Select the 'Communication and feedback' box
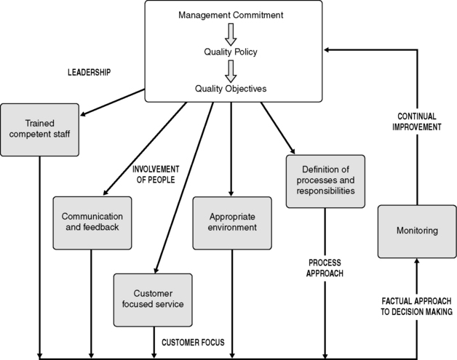[x=91, y=221]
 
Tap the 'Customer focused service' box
[x=153, y=299]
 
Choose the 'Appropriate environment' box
[x=233, y=221]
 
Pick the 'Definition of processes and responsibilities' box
[x=325, y=180]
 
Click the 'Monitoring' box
[x=417, y=231]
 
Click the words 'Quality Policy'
[x=231, y=52]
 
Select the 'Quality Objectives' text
[x=231, y=89]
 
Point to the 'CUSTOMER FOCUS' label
[x=193, y=342]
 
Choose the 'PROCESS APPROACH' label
[x=325, y=268]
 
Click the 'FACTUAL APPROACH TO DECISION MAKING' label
[x=418, y=305]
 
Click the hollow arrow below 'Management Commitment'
[x=231, y=33]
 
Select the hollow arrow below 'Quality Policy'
[x=231, y=71]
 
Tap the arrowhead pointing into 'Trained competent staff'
[x=84, y=113]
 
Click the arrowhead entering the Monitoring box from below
[x=417, y=263]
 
